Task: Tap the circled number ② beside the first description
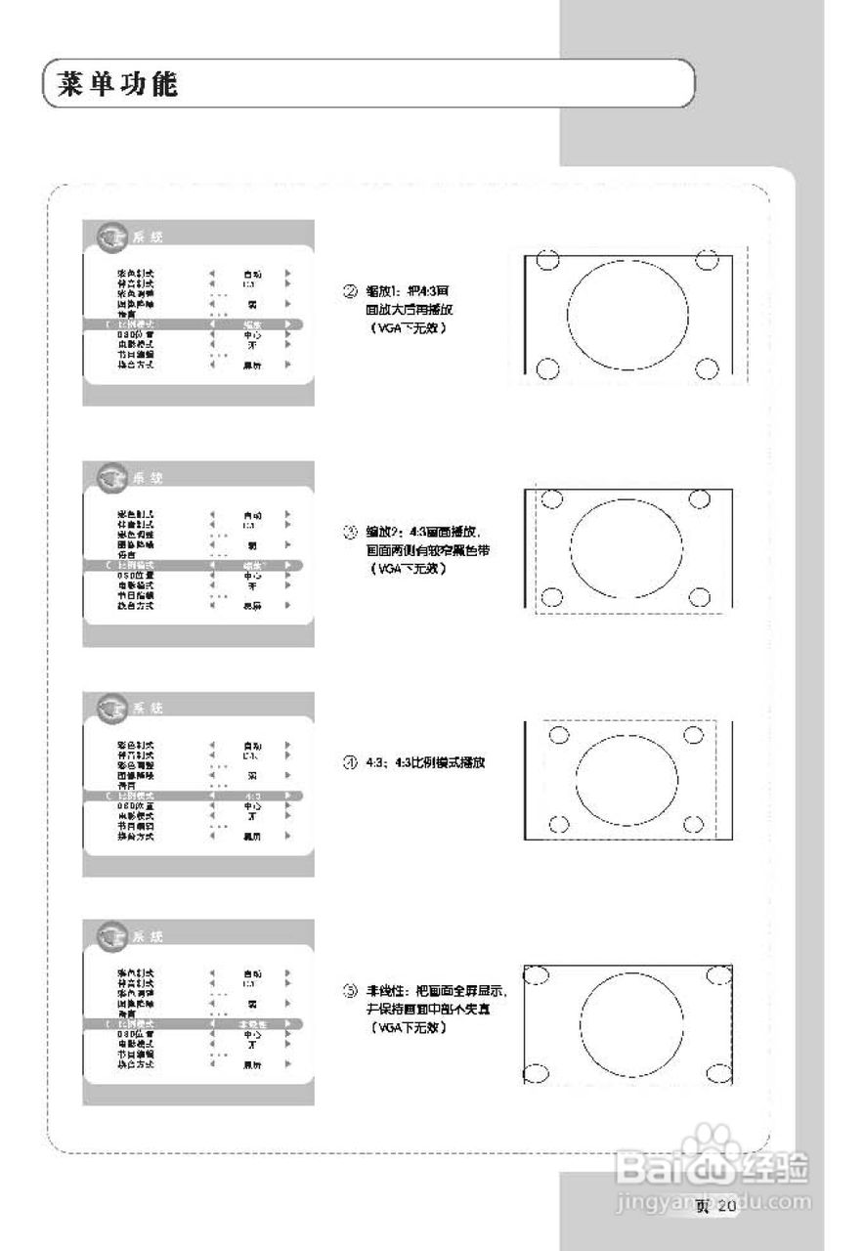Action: coord(348,290)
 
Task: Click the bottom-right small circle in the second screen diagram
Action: coord(698,597)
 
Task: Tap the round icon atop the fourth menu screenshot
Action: coord(112,935)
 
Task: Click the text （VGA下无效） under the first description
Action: coord(401,328)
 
